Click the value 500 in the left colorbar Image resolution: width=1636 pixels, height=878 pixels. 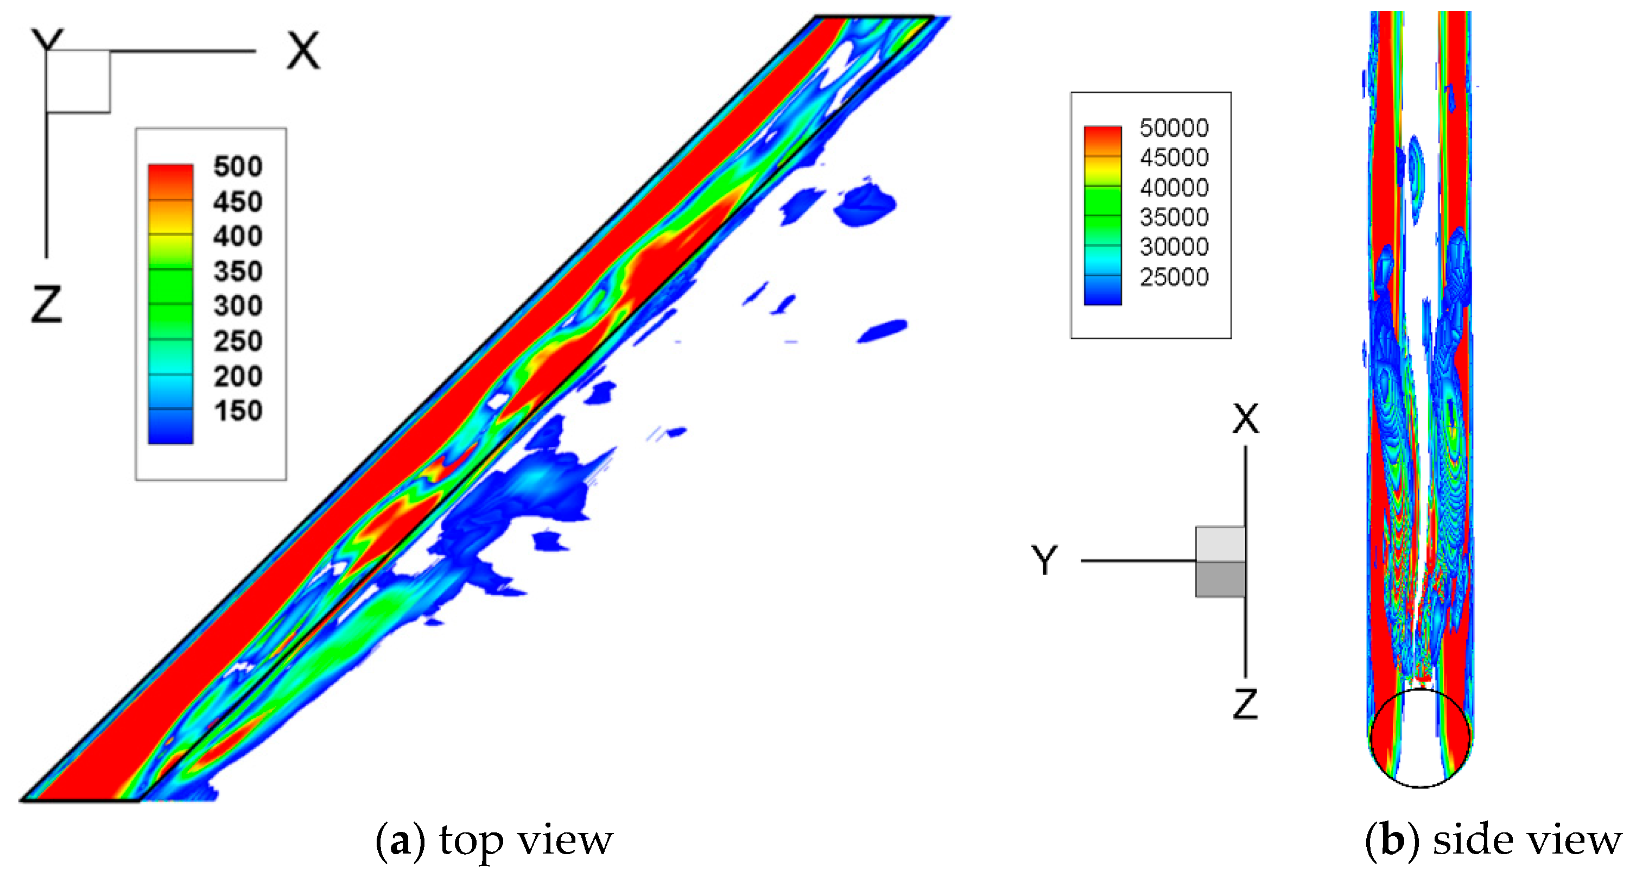tap(238, 167)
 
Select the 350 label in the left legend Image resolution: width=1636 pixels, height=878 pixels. tap(238, 271)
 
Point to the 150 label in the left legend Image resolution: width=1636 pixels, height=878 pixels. tap(238, 410)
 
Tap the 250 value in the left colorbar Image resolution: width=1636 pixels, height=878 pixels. tap(238, 341)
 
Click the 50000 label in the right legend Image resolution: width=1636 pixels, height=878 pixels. tap(1174, 128)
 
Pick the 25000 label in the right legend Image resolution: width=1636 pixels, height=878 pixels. tap(1174, 277)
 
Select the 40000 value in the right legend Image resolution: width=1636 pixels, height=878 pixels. tap(1174, 187)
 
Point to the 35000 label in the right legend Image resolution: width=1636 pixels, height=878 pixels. tap(1174, 217)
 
